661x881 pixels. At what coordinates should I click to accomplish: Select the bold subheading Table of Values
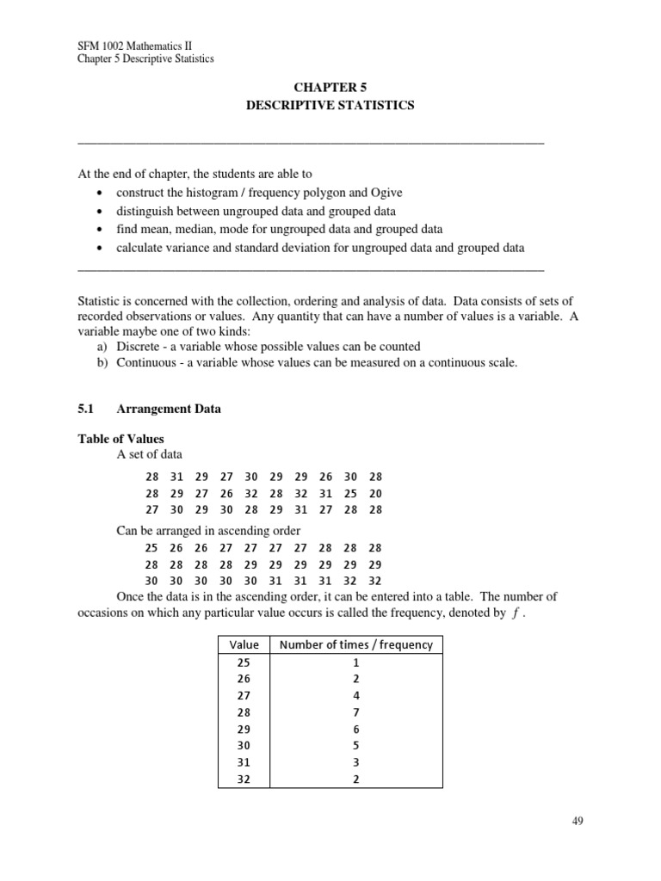tap(120, 439)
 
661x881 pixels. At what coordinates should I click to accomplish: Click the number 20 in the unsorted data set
tap(375, 494)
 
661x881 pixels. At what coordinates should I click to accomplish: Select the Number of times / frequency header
tap(356, 644)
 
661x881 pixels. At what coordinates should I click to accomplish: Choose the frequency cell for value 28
tap(356, 712)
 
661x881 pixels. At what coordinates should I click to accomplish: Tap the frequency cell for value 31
tap(356, 762)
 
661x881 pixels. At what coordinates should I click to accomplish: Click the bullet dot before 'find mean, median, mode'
tap(101, 230)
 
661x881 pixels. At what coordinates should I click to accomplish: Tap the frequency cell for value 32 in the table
tap(356, 779)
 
